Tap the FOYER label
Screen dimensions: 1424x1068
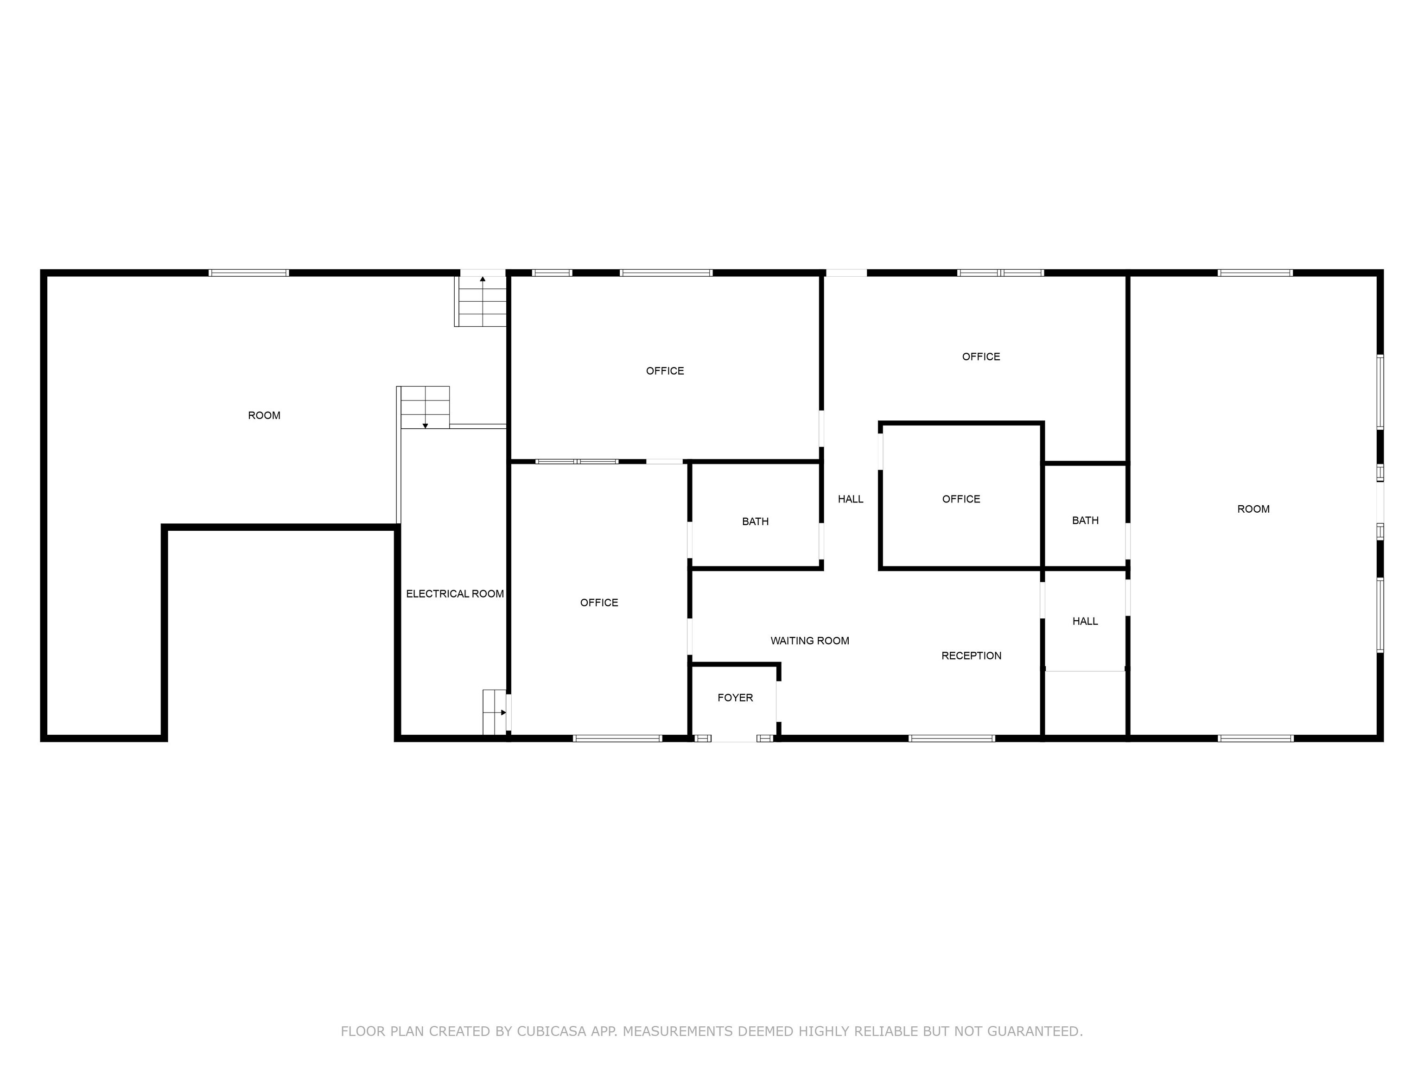[x=735, y=697]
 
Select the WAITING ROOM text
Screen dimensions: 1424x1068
[x=810, y=641]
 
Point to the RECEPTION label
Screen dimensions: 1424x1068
[x=972, y=655]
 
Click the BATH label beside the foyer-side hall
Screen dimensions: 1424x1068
[x=755, y=521]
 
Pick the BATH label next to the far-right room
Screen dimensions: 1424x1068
[x=1085, y=520]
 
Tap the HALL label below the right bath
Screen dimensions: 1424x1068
[x=1085, y=621]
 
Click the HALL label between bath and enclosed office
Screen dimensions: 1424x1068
[x=851, y=499]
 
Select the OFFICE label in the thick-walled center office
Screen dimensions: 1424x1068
[x=961, y=499]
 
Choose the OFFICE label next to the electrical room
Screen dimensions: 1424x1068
[x=599, y=603]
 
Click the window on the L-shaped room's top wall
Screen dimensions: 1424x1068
[x=248, y=273]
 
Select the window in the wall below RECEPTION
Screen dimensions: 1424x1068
[x=952, y=738]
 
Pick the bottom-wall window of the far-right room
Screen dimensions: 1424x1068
[x=1255, y=738]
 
